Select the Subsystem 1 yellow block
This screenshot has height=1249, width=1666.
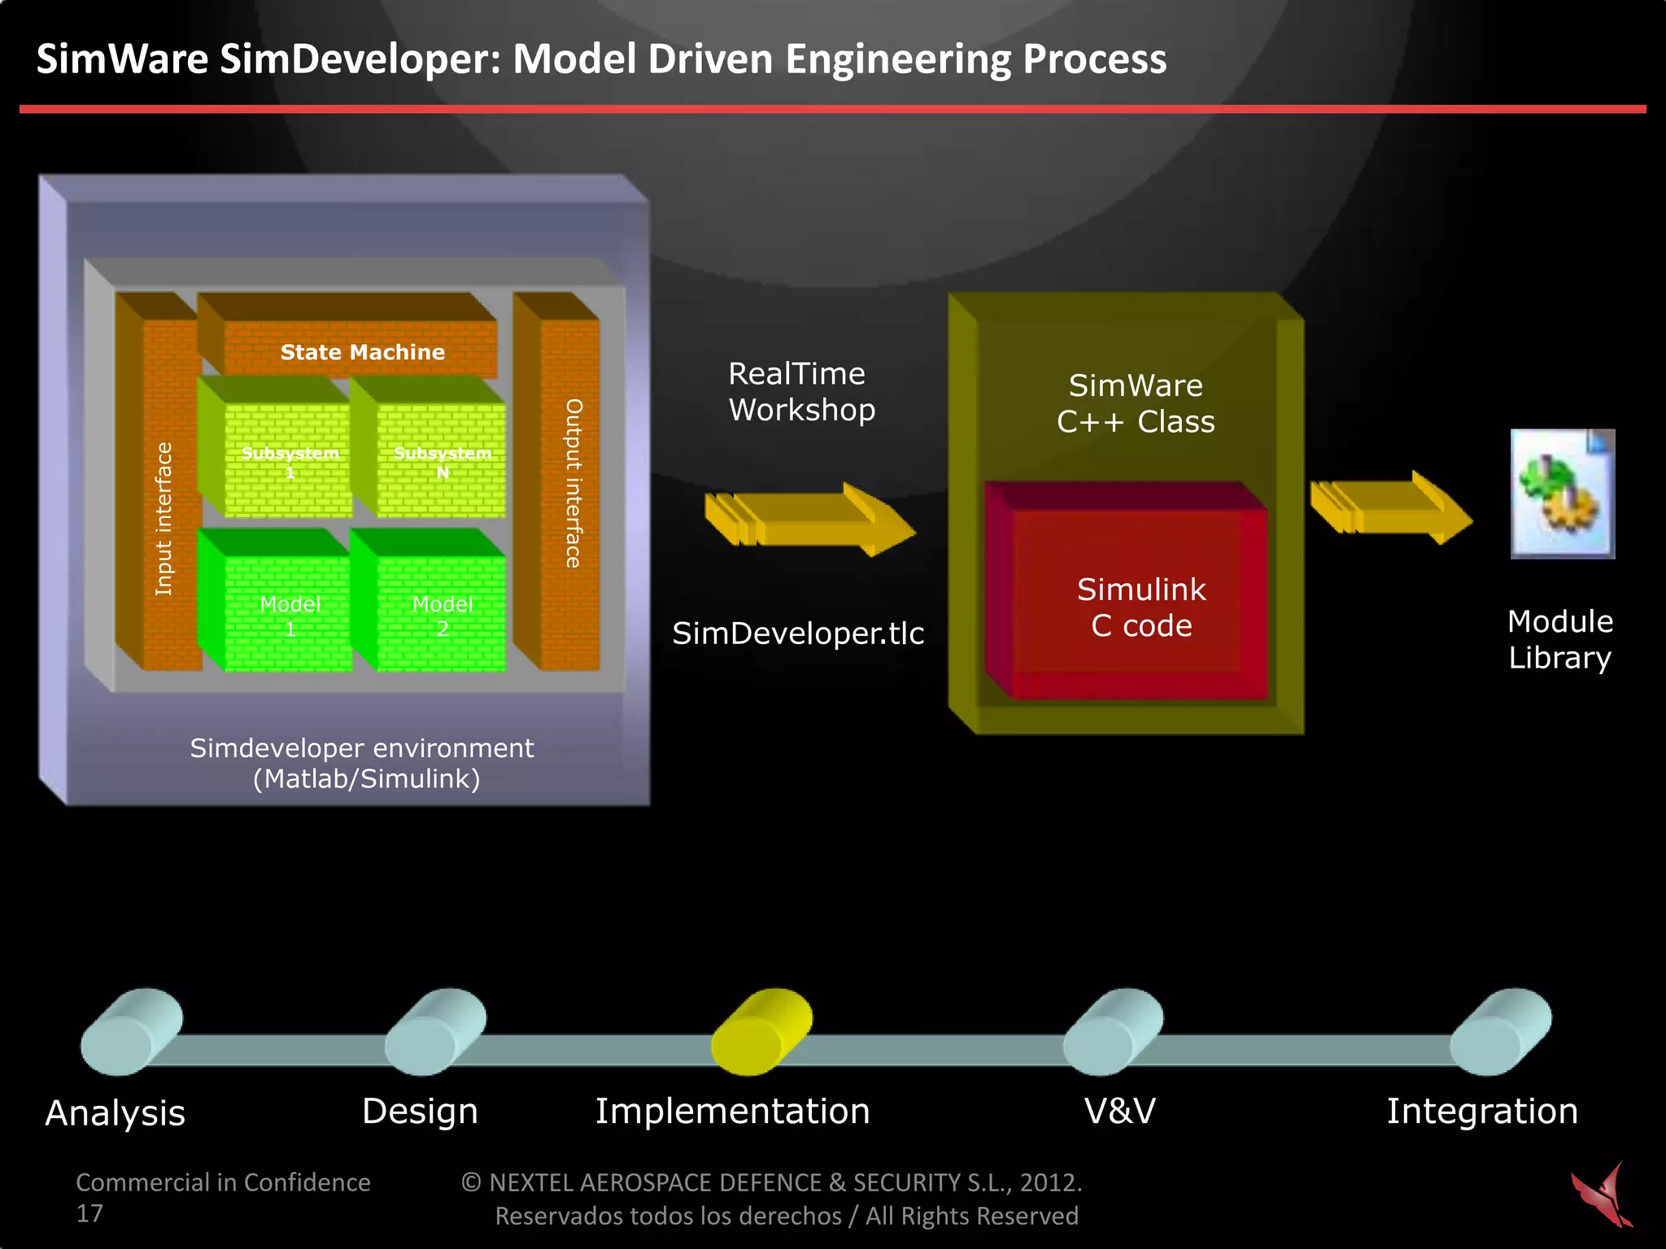point(289,460)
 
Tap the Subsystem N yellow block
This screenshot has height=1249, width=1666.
point(442,460)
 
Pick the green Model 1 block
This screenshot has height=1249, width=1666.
point(289,614)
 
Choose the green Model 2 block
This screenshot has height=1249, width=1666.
point(442,614)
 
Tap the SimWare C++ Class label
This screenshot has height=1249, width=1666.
point(1136,403)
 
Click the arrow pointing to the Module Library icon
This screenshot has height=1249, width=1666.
point(1391,508)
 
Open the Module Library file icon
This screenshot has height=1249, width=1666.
point(1562,494)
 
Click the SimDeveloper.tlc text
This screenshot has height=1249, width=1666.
point(798,633)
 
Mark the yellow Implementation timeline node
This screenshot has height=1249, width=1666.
point(761,1031)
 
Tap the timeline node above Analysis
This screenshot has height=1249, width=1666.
point(130,1031)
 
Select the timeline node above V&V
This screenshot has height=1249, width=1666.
point(1112,1031)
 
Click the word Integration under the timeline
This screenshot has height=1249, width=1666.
point(1482,1111)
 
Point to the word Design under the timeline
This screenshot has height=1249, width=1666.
point(420,1111)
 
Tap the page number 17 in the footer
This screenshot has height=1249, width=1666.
point(89,1213)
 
